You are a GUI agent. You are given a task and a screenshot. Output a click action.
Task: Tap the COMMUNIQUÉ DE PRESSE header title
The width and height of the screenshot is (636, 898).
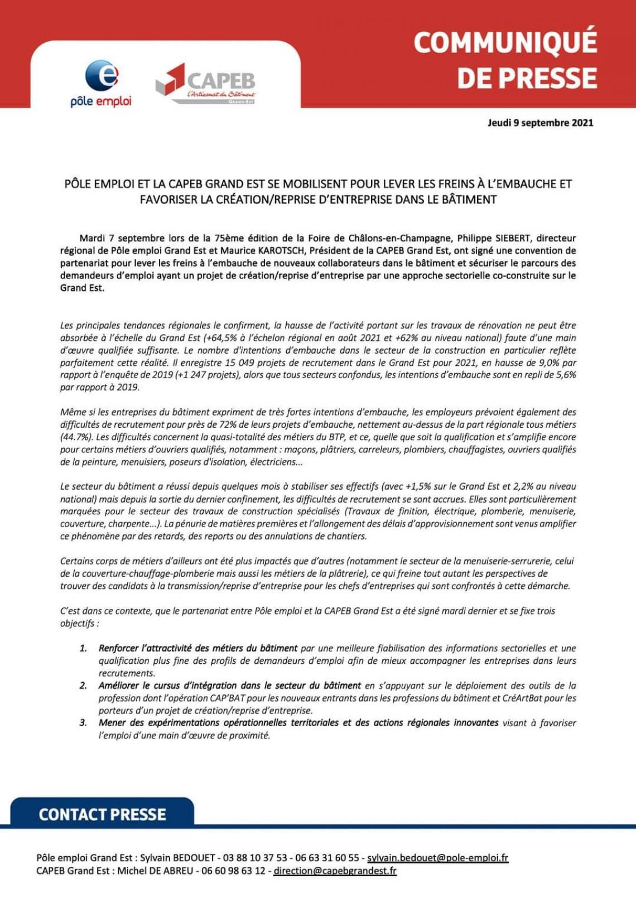point(505,60)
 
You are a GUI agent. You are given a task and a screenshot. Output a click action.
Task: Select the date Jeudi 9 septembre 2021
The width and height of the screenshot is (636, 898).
point(540,123)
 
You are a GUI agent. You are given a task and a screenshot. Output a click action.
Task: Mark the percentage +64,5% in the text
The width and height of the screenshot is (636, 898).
point(221,338)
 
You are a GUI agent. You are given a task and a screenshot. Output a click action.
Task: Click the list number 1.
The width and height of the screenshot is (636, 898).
point(83,648)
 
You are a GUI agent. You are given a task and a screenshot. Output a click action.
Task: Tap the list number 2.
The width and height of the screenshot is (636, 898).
point(83,685)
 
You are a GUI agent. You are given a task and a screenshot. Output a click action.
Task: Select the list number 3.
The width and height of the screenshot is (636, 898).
point(83,723)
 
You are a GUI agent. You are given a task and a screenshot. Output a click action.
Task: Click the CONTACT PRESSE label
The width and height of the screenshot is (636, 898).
point(103,814)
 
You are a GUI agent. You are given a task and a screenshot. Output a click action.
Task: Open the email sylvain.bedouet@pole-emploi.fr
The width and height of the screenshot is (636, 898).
point(437,858)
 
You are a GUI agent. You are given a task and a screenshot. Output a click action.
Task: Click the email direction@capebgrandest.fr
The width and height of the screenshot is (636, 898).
point(335,871)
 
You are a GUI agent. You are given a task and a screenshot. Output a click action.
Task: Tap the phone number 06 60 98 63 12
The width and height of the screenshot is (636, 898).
point(233,871)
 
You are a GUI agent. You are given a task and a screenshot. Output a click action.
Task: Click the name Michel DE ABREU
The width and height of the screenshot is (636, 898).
point(155,871)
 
